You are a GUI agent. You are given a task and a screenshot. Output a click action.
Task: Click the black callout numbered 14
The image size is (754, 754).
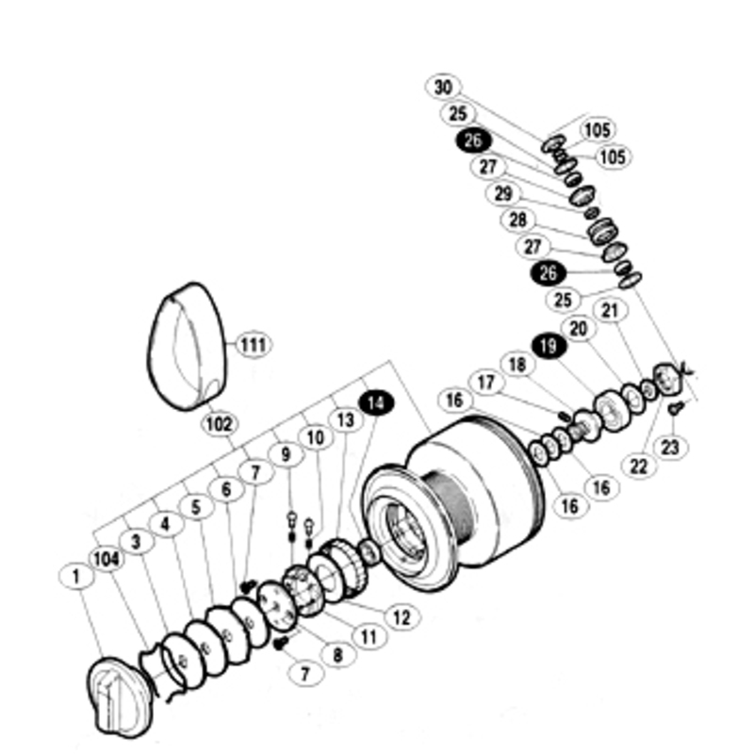377,403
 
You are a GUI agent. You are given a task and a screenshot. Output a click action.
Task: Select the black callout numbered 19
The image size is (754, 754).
549,346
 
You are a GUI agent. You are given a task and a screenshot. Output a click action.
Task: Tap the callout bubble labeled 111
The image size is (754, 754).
254,345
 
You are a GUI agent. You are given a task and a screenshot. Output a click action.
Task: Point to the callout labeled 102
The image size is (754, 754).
220,424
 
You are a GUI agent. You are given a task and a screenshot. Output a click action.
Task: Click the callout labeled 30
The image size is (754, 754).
443,87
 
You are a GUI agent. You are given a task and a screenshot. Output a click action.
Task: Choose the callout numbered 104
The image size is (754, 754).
107,559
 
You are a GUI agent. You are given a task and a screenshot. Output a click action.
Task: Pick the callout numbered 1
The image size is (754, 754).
76,576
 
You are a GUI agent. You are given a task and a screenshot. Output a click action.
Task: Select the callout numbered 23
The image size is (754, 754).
670,447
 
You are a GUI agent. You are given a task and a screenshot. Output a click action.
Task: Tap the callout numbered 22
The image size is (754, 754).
639,466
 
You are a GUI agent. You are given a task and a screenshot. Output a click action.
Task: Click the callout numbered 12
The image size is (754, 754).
402,617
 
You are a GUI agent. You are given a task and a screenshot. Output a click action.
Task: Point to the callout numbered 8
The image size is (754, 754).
338,654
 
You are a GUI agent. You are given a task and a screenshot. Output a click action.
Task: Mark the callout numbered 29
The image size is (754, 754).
503,194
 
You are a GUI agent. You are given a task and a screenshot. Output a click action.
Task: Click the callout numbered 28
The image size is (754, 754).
517,220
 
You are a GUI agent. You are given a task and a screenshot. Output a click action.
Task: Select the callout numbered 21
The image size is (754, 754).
610,310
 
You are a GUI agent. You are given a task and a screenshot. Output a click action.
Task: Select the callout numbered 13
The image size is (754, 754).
346,419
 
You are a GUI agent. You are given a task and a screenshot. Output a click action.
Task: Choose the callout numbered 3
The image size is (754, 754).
136,541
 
